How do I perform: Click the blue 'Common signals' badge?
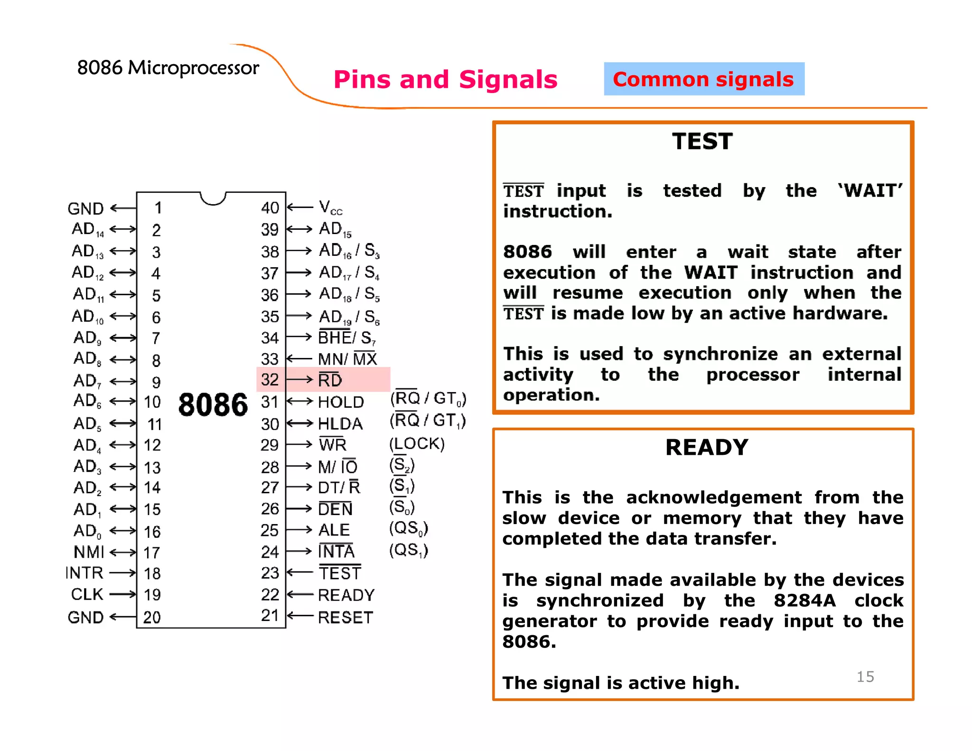click(703, 79)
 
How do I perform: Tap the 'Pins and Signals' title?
click(445, 79)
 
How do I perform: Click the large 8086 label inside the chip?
click(213, 405)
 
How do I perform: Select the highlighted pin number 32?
click(270, 379)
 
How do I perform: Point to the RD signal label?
click(330, 380)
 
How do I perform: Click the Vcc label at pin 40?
click(330, 207)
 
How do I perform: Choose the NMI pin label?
click(89, 552)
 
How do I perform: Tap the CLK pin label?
click(87, 594)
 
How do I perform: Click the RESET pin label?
click(345, 617)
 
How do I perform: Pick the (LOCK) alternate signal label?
click(417, 443)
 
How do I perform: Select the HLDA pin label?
click(340, 423)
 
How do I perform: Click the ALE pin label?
click(334, 530)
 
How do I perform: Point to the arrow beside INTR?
click(122, 573)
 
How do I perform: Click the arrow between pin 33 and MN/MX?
click(300, 359)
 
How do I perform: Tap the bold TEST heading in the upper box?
click(702, 141)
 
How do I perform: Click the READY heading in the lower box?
click(706, 447)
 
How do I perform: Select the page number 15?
click(865, 676)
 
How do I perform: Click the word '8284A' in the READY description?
click(804, 601)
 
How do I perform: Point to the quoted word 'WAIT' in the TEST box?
click(869, 191)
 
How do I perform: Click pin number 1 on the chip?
click(158, 207)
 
